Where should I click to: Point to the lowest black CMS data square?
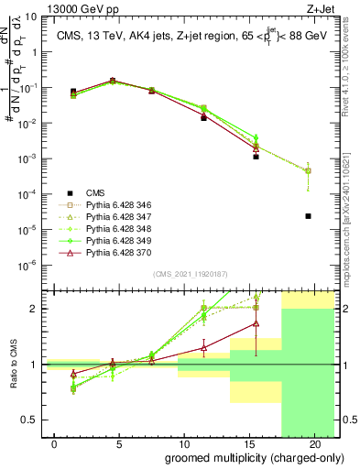(309, 216)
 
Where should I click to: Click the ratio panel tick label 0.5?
(31, 420)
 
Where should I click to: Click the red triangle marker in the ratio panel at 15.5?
(256, 322)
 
